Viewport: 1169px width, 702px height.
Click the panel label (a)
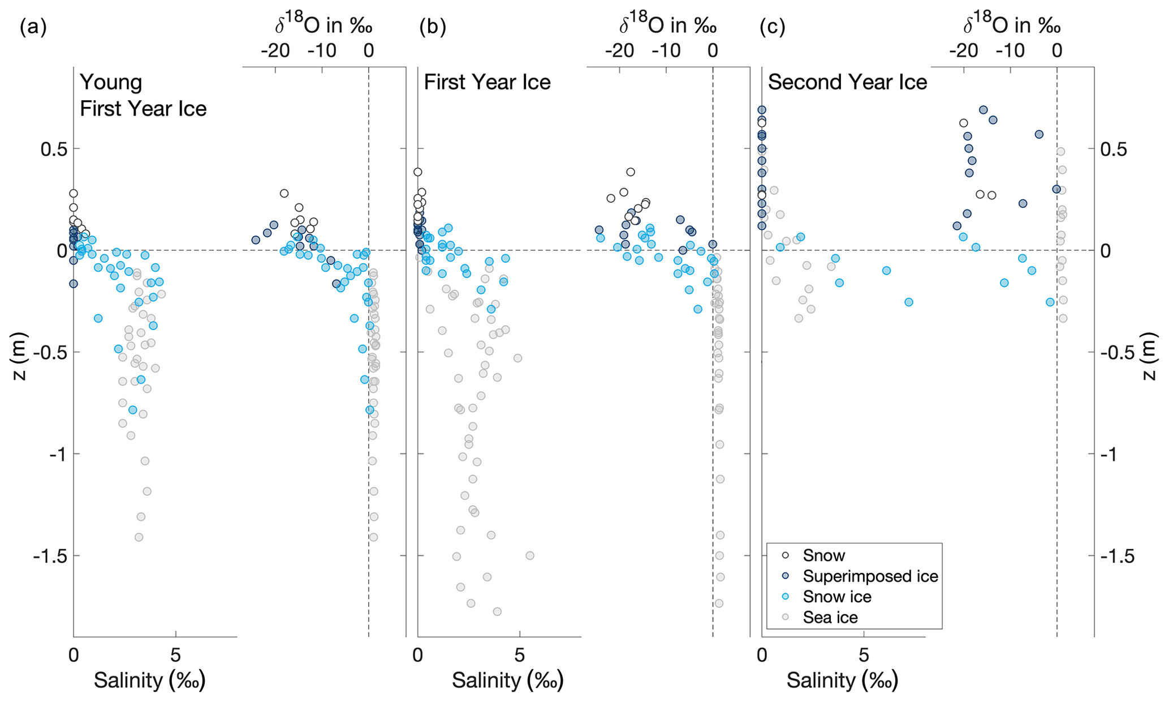[33, 27]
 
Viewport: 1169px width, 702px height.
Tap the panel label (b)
[433, 27]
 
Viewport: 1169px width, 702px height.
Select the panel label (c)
[772, 27]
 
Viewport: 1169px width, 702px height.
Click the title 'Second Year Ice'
[847, 83]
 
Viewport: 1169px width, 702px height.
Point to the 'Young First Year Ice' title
[143, 95]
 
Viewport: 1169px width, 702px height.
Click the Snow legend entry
[823, 556]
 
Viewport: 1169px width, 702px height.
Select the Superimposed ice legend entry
[870, 576]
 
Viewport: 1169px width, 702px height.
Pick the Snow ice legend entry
[837, 597]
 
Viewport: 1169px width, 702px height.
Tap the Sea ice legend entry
[830, 617]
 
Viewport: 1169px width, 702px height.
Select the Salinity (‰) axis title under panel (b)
[507, 680]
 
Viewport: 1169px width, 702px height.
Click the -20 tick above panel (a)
[275, 51]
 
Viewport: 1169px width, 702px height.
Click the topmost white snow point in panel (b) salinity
[418, 172]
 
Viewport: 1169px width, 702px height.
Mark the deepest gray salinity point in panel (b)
[497, 611]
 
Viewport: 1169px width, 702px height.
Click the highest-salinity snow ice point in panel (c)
[909, 302]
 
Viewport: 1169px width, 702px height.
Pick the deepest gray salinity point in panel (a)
[139, 537]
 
